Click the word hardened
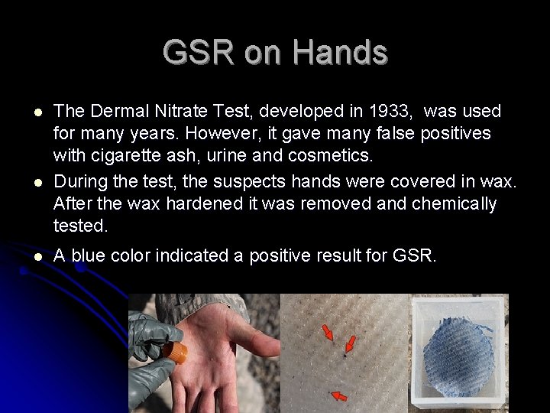tap(174, 204)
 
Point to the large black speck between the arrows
tap(345, 356)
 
